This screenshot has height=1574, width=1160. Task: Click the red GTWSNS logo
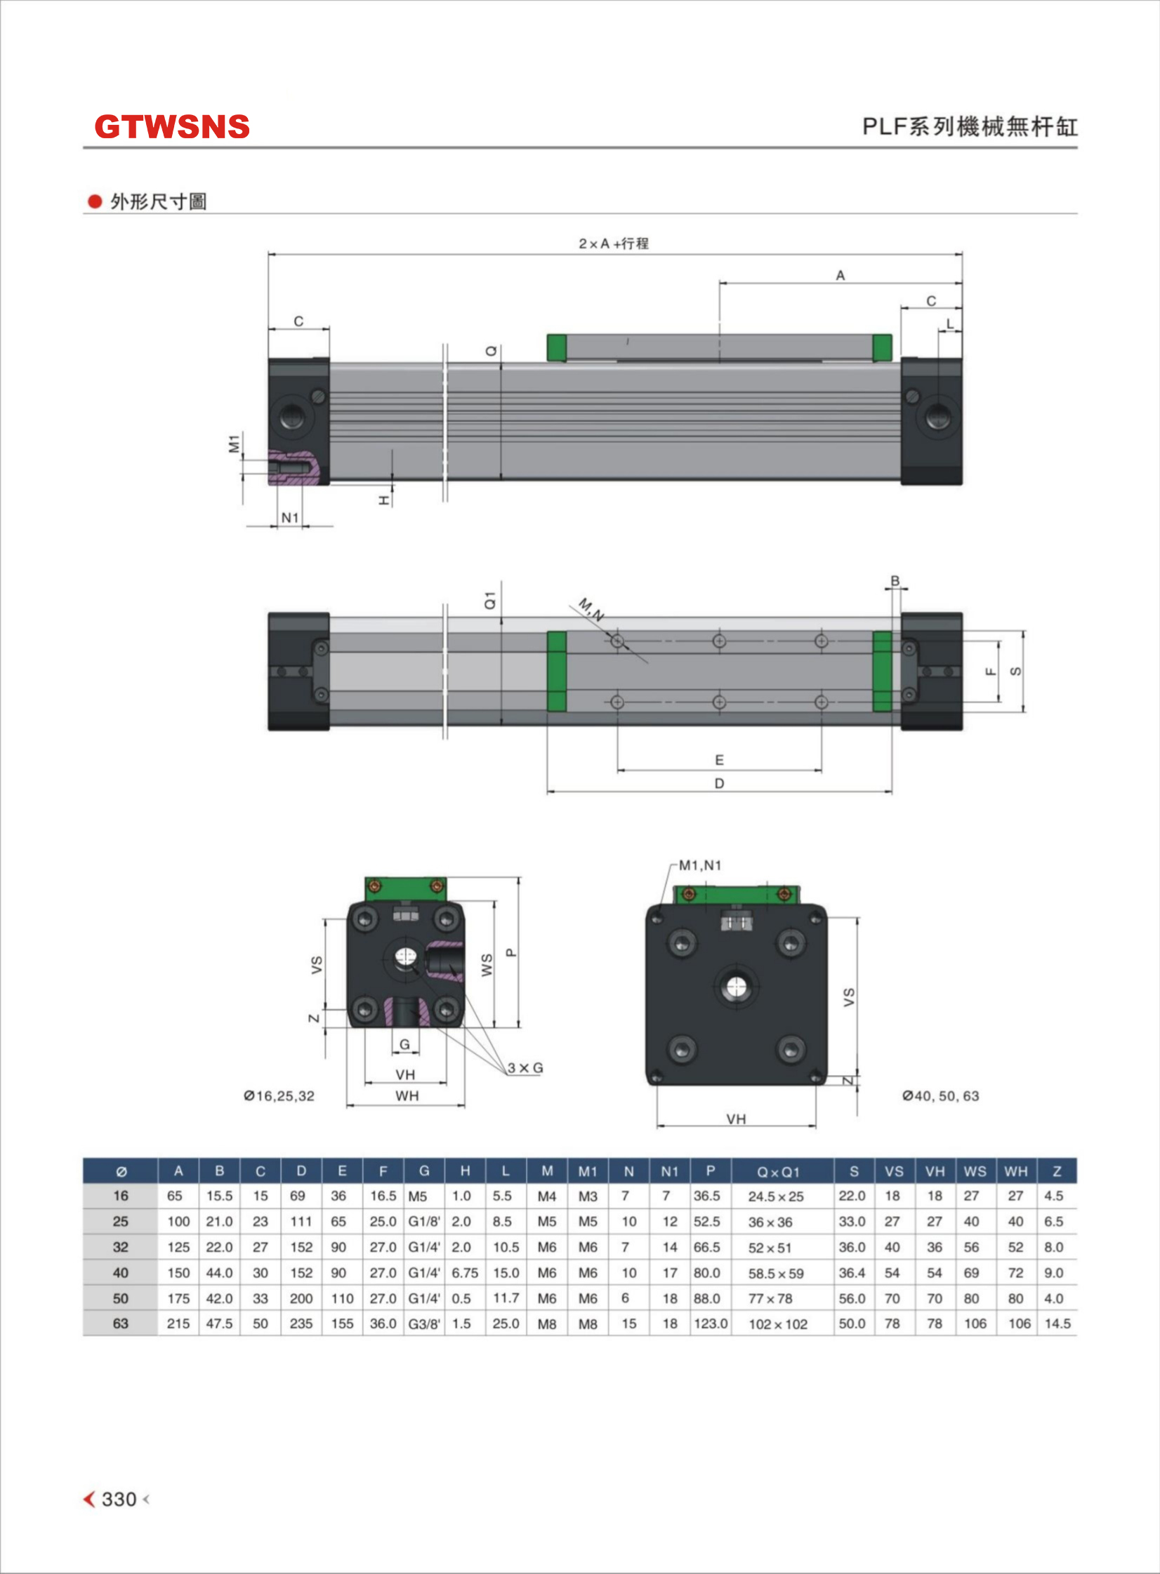[x=172, y=127]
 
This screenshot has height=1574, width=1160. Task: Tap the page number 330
[x=119, y=1499]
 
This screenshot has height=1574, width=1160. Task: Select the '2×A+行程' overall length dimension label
[x=614, y=244]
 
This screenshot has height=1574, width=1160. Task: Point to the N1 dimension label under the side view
[x=290, y=517]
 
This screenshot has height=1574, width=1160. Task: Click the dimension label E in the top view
[x=719, y=760]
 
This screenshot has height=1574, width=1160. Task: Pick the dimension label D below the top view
[x=719, y=783]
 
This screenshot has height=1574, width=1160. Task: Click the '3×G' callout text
[x=525, y=1068]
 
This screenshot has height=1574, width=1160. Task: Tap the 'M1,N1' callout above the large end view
[x=699, y=865]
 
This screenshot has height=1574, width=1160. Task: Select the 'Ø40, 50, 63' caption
[x=941, y=1096]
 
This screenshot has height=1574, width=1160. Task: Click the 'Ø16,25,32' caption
[x=279, y=1096]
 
